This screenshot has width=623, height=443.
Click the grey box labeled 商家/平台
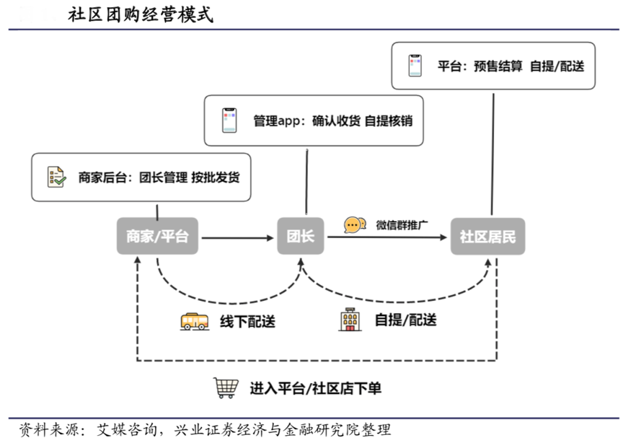(157, 235)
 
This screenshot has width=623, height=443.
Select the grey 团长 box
(301, 235)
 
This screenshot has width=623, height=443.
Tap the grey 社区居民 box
(487, 235)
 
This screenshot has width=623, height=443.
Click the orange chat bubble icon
(353, 224)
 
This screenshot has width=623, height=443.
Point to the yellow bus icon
(194, 321)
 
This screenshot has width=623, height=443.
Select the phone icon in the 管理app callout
(229, 120)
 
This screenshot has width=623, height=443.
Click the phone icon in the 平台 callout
(415, 66)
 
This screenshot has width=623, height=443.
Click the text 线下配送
(247, 322)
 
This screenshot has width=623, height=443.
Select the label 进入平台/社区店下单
(315, 388)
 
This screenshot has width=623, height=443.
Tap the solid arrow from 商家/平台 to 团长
(239, 236)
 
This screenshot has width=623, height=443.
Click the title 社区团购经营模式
(141, 15)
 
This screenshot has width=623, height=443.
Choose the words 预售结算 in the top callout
(498, 66)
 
